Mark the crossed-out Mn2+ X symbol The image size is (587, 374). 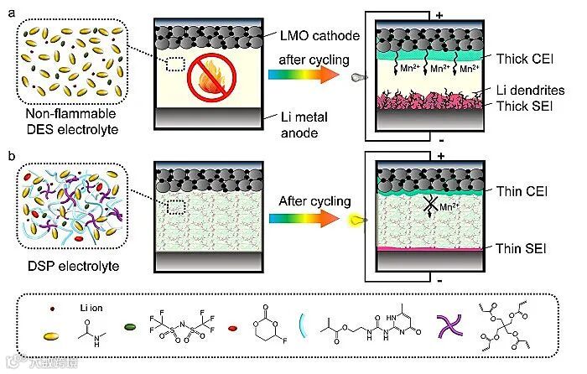(x=455, y=204)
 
